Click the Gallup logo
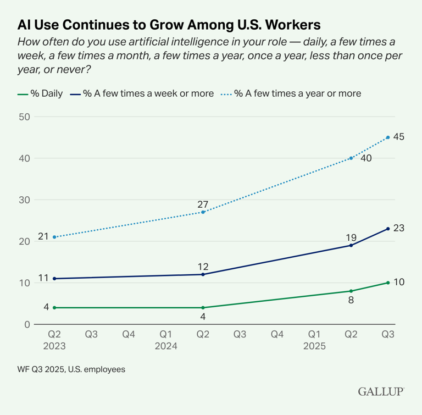pos(381,391)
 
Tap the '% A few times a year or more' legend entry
pos(291,93)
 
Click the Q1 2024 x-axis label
pos(165,340)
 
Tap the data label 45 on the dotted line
pos(399,137)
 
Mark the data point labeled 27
pos(203,212)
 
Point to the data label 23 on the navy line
pos(399,228)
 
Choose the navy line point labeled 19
pos(351,245)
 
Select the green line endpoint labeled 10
pos(388,283)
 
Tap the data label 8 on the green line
pos(351,301)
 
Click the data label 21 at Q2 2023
pos(43,237)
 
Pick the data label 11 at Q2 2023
pos(43,278)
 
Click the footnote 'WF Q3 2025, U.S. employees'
pos(71,369)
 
